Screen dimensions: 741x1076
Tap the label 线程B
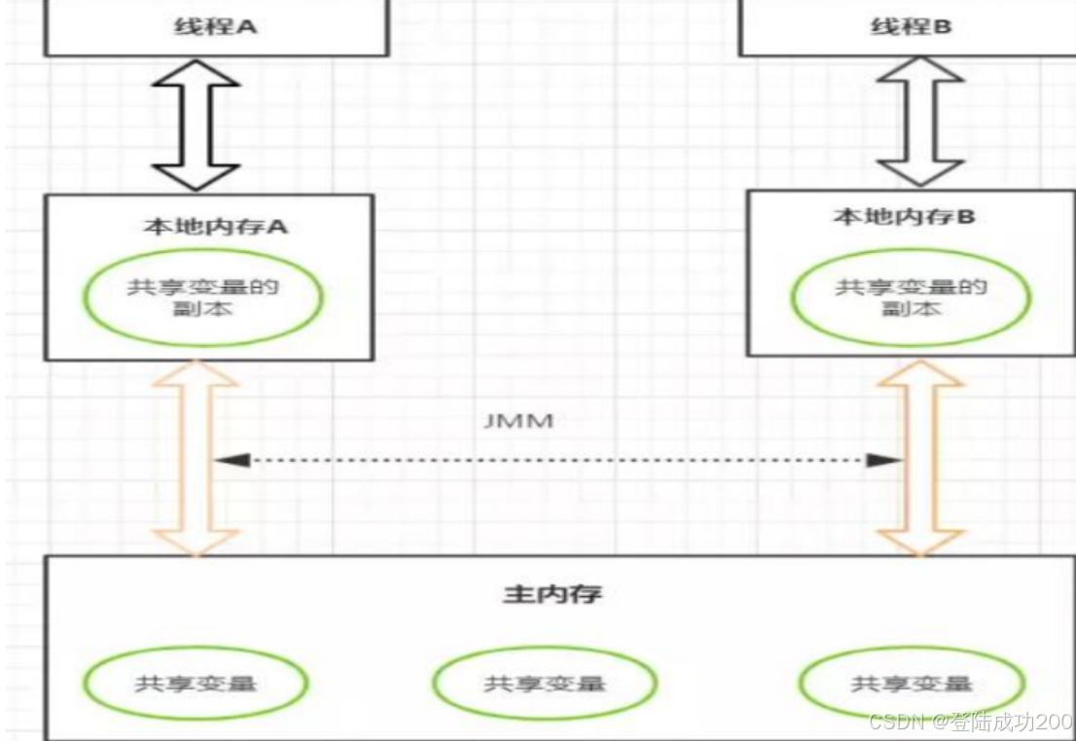point(910,26)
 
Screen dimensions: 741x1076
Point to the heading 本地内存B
point(904,216)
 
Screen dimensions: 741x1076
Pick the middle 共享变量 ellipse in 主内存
point(545,683)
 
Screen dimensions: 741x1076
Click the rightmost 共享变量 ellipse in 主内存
point(912,683)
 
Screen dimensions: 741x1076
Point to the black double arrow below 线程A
point(197,123)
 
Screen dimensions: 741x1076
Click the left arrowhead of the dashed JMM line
point(231,460)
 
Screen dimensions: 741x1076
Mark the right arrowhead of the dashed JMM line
point(883,460)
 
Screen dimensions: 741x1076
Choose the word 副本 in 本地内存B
point(912,308)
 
